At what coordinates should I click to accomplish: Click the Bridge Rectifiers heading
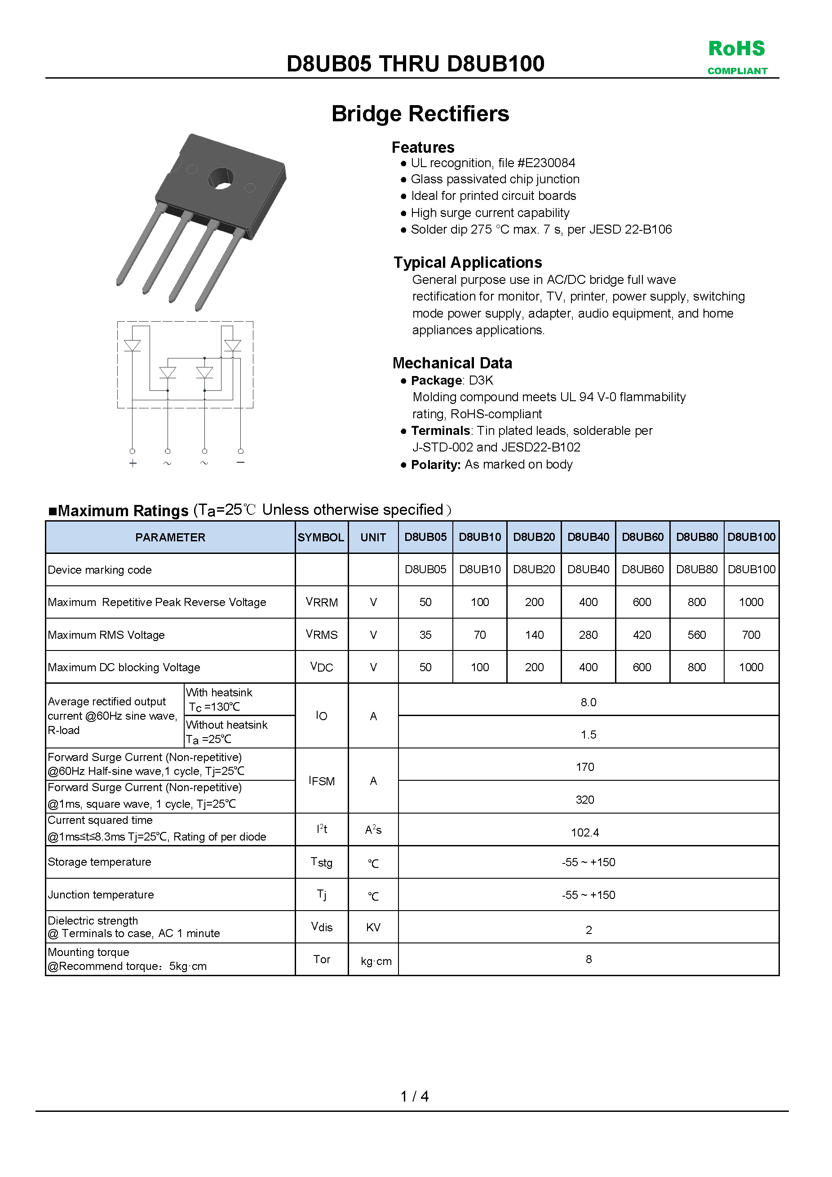420,114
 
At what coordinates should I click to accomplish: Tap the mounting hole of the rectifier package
221,178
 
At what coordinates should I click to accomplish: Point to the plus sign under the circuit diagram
133,464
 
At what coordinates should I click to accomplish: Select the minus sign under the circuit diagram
240,462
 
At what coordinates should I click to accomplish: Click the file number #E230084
546,163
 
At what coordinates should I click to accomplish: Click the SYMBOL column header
321,537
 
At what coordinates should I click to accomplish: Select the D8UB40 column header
588,537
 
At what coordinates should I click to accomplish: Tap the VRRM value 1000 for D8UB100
751,602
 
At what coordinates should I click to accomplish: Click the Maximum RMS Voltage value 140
534,635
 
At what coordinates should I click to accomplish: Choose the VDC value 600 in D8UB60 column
642,667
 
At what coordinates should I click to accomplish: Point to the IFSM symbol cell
321,781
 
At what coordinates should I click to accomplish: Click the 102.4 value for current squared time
585,832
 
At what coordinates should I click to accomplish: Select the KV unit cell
373,927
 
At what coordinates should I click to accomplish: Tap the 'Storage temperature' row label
99,862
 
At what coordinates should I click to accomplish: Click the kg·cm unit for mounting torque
376,961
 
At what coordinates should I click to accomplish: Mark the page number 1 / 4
414,1096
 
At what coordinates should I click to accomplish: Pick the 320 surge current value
585,800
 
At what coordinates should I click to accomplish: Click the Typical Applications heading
468,262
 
